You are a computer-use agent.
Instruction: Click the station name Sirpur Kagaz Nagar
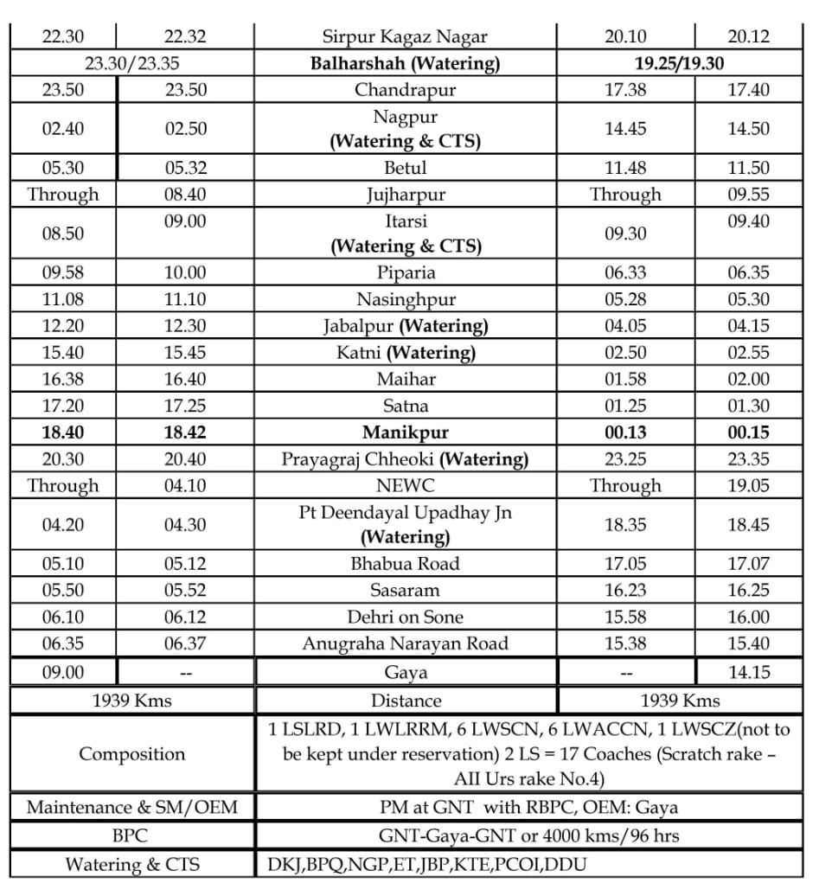click(x=405, y=36)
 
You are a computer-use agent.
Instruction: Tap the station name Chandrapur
click(x=405, y=90)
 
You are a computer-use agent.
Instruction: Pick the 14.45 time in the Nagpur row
click(x=625, y=128)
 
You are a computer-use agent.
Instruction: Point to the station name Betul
click(x=405, y=168)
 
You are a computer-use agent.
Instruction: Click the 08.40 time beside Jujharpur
click(x=185, y=195)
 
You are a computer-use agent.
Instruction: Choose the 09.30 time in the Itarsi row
click(x=625, y=233)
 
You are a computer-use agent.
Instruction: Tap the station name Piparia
click(x=405, y=272)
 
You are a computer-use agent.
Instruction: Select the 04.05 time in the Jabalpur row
click(x=625, y=326)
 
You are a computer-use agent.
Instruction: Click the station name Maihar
click(x=405, y=379)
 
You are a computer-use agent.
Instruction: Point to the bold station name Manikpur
click(x=405, y=432)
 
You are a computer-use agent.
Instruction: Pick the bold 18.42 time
click(x=185, y=432)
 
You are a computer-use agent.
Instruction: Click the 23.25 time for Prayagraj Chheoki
click(x=625, y=459)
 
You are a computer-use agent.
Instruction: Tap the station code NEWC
click(x=405, y=486)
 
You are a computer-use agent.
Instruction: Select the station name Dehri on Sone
click(x=405, y=617)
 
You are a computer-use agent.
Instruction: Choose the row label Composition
click(x=131, y=753)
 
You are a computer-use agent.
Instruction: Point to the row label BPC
click(x=131, y=836)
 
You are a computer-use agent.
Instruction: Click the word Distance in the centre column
click(x=405, y=701)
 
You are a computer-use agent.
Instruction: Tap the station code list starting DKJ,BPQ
click(x=428, y=864)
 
